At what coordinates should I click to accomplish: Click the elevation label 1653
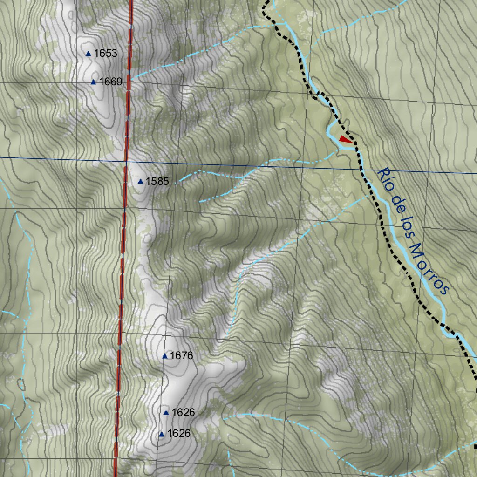[105, 53]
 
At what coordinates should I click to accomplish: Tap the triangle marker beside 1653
[88, 54]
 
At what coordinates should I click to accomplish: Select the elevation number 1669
[110, 82]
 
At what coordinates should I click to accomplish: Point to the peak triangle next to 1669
[93, 82]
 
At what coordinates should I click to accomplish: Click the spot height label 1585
[157, 181]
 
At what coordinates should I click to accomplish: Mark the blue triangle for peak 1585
[141, 181]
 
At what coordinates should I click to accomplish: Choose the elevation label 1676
[181, 356]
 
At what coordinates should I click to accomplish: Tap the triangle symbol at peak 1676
[164, 356]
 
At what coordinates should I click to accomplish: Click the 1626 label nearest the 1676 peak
[183, 412]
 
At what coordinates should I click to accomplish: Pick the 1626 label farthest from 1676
[179, 434]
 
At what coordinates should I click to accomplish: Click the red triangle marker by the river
[345, 139]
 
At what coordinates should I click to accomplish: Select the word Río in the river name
[385, 177]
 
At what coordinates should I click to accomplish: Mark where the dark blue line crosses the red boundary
[126, 161]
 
